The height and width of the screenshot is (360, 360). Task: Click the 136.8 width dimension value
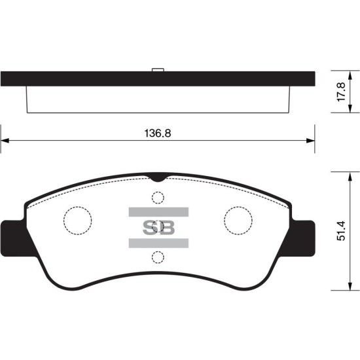158,133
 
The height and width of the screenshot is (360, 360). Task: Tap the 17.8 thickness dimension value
341,92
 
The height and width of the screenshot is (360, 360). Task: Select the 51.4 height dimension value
341,231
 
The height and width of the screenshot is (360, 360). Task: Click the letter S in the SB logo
150,228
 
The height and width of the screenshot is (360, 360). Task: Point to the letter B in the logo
166,228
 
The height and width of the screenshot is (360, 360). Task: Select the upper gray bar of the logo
158,212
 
